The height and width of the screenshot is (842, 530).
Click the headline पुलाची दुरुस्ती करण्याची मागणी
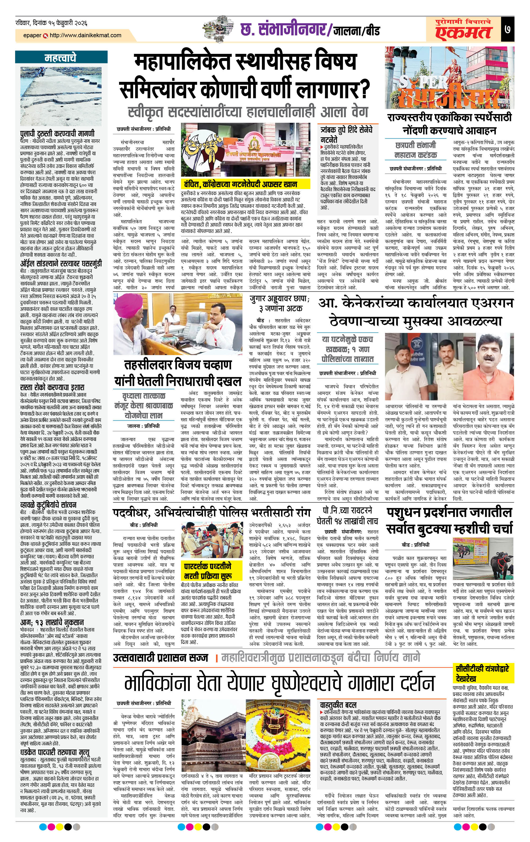(57, 133)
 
